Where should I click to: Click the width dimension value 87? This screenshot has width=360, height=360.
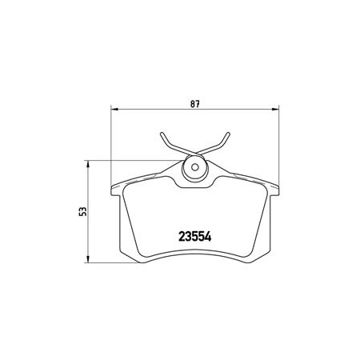(195, 104)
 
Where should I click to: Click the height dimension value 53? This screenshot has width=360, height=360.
(83, 211)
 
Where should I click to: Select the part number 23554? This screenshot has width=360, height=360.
(195, 236)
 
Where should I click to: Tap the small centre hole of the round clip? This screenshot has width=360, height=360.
(195, 167)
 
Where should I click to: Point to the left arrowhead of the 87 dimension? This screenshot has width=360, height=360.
(114, 109)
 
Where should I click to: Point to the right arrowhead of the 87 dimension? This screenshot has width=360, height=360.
(275, 109)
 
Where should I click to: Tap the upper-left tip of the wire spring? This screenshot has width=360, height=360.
(162, 134)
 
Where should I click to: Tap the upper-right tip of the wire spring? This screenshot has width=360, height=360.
(228, 134)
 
